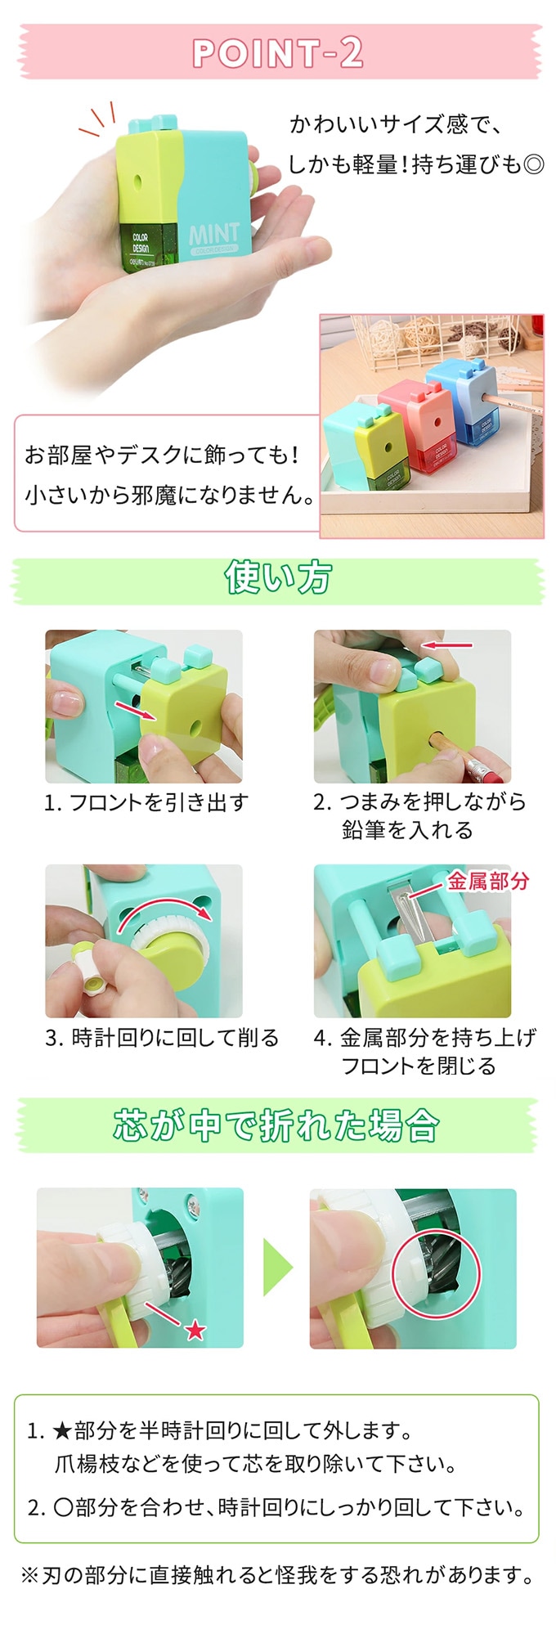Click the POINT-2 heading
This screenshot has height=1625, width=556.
[x=278, y=53]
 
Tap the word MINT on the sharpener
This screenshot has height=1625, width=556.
[x=215, y=234]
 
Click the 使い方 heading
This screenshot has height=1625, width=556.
[x=278, y=577]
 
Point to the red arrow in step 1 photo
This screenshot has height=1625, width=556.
[x=136, y=710]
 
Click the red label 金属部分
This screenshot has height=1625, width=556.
[x=488, y=881]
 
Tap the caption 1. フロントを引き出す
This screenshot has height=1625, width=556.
[x=146, y=802]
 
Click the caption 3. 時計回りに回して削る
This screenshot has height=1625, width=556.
[x=162, y=1038]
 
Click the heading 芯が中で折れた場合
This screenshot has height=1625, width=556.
[x=276, y=1125]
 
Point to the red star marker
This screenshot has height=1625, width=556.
[x=195, y=1330]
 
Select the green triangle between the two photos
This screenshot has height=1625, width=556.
[x=277, y=1267]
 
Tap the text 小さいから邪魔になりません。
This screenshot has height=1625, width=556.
[x=170, y=495]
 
